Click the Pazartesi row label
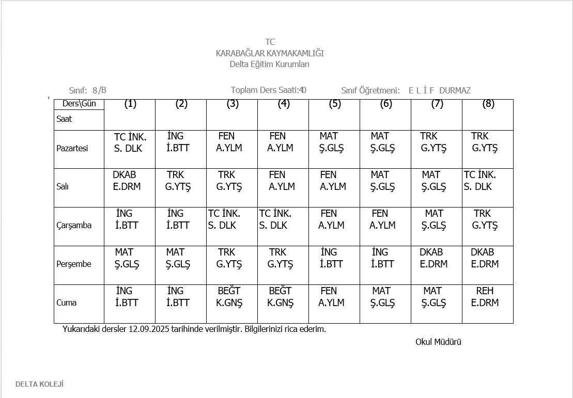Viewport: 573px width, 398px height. pos(72,149)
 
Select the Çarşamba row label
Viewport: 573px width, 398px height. pos(74,226)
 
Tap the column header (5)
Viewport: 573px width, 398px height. pos(335,104)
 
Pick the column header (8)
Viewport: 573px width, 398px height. pos(488,104)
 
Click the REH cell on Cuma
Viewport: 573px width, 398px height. pos(485,297)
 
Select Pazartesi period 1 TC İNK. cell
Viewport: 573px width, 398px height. pos(130,142)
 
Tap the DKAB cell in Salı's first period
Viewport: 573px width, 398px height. pos(127,181)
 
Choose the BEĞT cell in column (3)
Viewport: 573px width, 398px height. pos(229,297)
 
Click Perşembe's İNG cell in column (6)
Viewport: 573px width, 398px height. pos(382,258)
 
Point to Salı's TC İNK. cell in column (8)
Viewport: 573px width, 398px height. pos(480,181)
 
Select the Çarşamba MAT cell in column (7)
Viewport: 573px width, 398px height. pos(434,219)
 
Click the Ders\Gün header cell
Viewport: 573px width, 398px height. pos(79,104)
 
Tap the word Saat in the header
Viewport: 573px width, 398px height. pos(64,119)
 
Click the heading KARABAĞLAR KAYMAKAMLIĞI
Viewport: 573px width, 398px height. pos(270,53)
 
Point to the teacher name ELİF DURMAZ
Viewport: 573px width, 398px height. pos(439,90)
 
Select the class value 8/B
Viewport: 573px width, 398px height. pos(99,90)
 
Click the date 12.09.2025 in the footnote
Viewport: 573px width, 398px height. pos(152,329)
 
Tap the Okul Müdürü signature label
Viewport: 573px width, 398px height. pos(438,342)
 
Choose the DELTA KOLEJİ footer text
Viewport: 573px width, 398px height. pos(39,384)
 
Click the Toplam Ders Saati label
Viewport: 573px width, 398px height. pos(265,90)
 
